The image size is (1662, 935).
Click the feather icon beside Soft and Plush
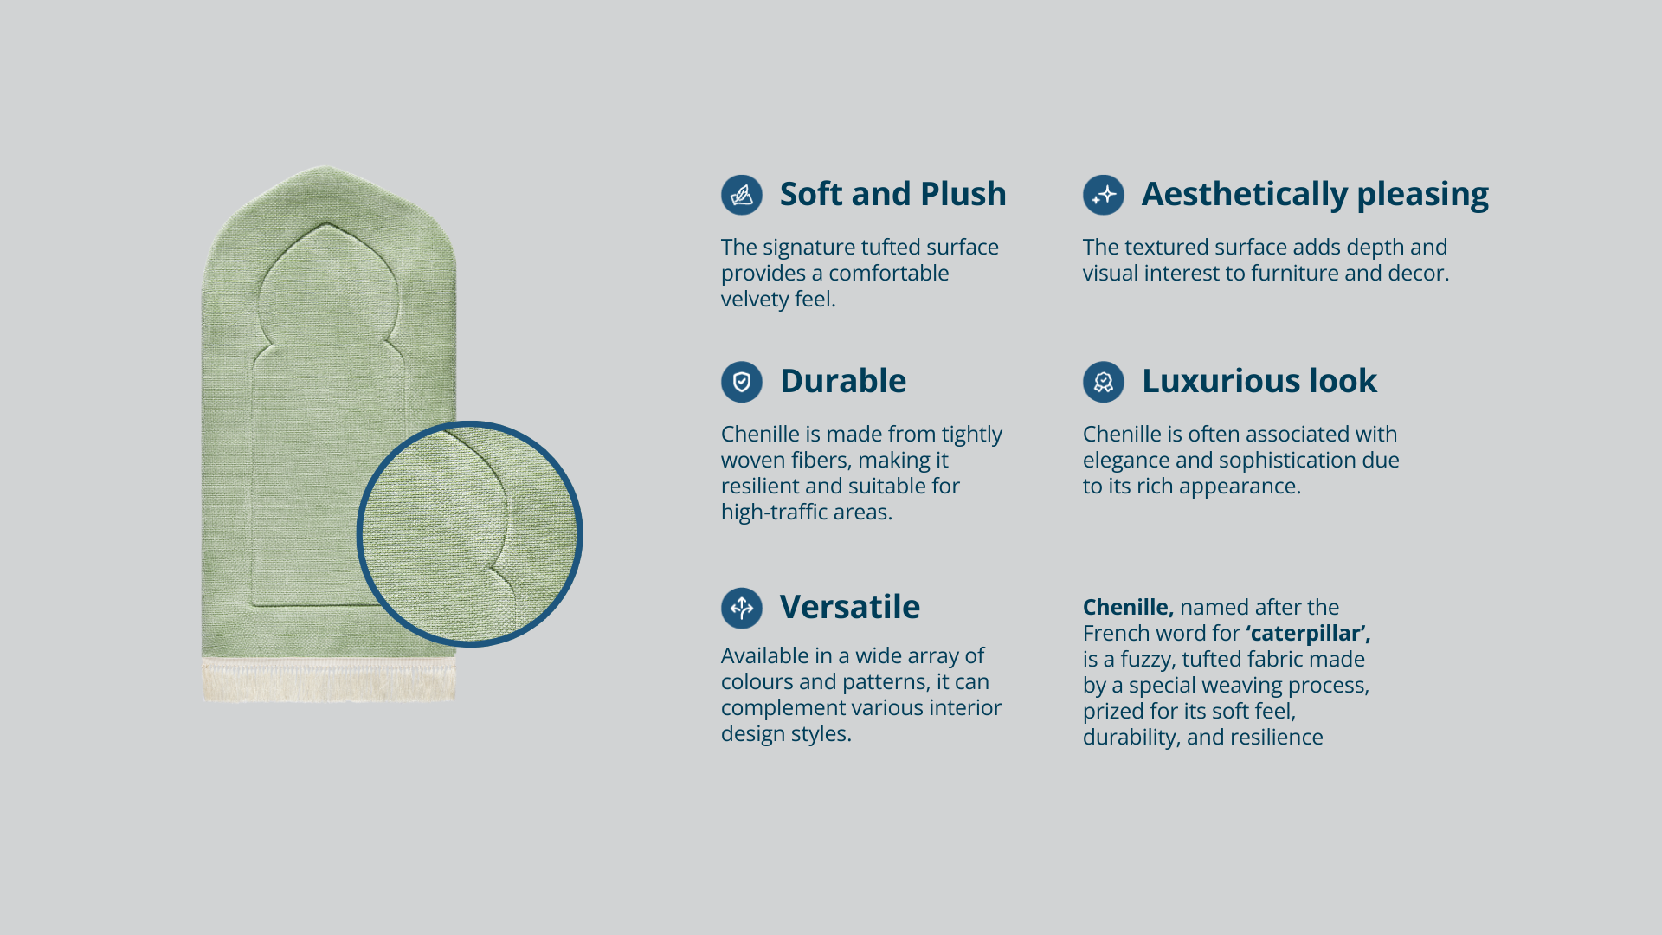click(x=742, y=195)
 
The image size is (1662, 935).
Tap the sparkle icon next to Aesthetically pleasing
click(x=1104, y=195)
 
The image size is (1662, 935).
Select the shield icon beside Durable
click(x=742, y=382)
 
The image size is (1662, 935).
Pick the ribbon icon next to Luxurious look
click(x=1104, y=382)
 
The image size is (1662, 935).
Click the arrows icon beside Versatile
click(x=742, y=608)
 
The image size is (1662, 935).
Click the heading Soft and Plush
click(x=892, y=194)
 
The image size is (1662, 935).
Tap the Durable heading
click(x=843, y=381)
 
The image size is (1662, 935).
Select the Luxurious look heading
click(x=1259, y=381)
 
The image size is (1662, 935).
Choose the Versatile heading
click(x=850, y=607)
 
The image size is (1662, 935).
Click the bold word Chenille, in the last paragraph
click(x=1128, y=608)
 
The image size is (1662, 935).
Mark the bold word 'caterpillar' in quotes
click(x=1308, y=635)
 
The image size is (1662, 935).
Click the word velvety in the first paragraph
click(x=754, y=300)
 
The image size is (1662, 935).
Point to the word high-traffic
click(x=773, y=513)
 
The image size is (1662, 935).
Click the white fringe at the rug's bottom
click(x=329, y=680)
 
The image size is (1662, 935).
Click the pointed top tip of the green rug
click(x=326, y=167)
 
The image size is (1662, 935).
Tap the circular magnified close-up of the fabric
click(x=469, y=534)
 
